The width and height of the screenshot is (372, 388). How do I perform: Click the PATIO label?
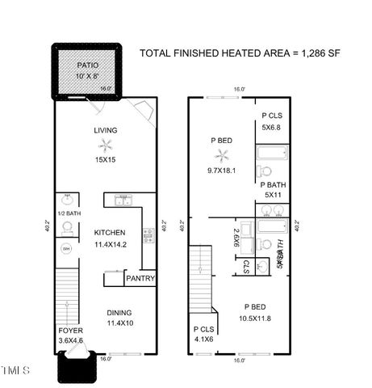[87, 65]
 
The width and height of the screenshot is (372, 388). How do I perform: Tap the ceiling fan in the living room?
[106, 146]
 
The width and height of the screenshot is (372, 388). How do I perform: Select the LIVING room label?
[106, 129]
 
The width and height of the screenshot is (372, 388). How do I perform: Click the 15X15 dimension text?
[106, 160]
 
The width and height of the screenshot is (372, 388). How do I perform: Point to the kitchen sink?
[123, 199]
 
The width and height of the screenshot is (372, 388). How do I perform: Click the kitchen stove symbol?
[148, 235]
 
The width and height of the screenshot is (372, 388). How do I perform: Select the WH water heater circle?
[67, 248]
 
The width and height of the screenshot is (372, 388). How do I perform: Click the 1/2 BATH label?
[69, 213]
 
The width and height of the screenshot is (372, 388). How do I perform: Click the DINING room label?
[119, 313]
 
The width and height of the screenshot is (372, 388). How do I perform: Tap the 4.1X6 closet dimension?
[204, 339]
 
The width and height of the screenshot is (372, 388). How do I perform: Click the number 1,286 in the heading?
[315, 53]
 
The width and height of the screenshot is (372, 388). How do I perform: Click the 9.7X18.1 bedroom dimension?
[220, 170]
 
